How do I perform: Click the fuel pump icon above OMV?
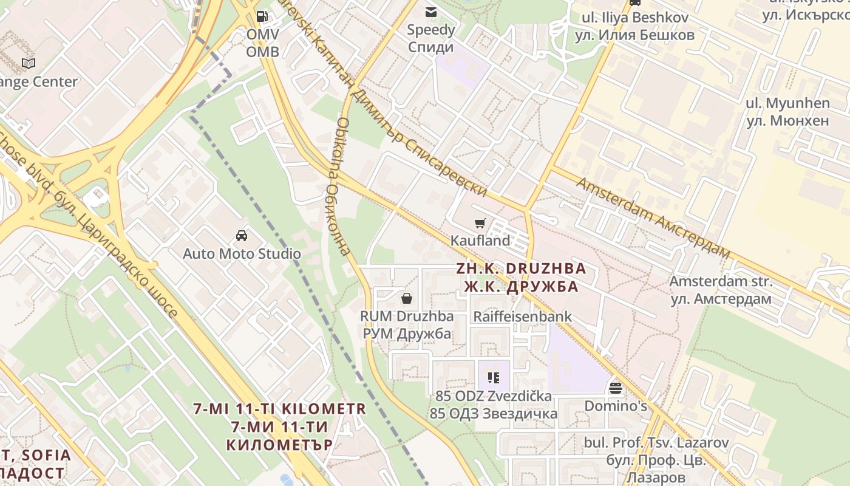click(x=262, y=16)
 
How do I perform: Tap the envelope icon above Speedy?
click(x=431, y=12)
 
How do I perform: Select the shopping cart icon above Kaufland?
click(x=480, y=224)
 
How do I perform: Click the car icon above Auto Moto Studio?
click(x=242, y=236)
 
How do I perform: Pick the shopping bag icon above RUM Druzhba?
click(x=407, y=298)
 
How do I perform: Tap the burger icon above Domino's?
click(x=616, y=388)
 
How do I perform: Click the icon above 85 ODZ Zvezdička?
click(x=494, y=378)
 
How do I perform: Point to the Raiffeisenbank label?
click(x=522, y=317)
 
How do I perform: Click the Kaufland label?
click(x=480, y=241)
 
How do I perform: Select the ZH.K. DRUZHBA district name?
click(x=521, y=269)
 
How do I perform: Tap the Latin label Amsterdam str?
click(x=721, y=282)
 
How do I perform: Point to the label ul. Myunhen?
click(x=787, y=103)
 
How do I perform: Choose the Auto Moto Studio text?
click(x=242, y=254)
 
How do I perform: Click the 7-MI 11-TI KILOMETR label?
click(x=280, y=409)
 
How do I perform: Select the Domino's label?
click(x=616, y=405)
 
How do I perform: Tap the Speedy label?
click(x=430, y=30)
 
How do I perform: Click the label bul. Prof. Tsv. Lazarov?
click(x=656, y=443)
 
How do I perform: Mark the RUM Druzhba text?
click(x=407, y=317)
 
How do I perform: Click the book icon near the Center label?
click(x=29, y=63)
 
